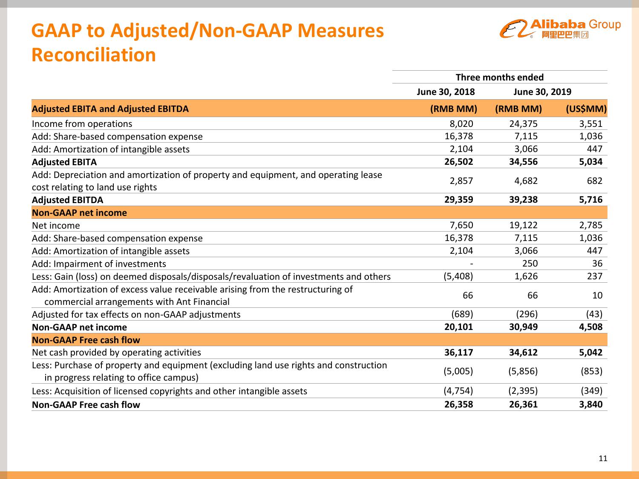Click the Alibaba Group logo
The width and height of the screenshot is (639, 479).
click(x=560, y=29)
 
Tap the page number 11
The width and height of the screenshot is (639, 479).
click(x=603, y=458)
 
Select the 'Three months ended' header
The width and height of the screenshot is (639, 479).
click(x=499, y=77)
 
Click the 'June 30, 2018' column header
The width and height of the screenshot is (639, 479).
click(x=446, y=92)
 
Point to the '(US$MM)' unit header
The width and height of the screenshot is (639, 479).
click(x=586, y=109)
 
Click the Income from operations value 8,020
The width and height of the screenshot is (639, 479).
click(x=461, y=124)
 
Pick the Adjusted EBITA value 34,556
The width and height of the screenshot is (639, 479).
click(x=523, y=162)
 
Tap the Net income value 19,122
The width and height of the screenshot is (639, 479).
click(x=523, y=225)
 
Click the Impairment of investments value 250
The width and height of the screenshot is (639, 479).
click(x=530, y=264)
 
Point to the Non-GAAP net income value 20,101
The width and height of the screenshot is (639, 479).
click(x=458, y=327)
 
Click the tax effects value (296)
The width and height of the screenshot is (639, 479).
click(x=527, y=314)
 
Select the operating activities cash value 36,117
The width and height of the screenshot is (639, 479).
click(x=458, y=353)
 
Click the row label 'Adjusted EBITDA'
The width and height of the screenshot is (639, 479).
click(x=67, y=200)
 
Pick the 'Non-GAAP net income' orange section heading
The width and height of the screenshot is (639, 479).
click(x=79, y=213)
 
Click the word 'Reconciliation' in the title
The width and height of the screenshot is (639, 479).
click(x=94, y=55)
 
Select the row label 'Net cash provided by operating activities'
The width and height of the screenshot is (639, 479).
click(x=116, y=353)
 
